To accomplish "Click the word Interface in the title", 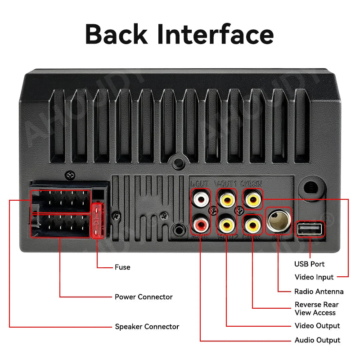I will [x=215, y=34].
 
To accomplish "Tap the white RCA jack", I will [x=200, y=198].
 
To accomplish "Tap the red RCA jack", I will [x=200, y=223].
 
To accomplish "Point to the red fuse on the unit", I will [x=97, y=220].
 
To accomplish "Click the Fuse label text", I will [x=122, y=267].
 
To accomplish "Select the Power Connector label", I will [x=144, y=297].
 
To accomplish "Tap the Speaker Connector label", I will [x=147, y=327].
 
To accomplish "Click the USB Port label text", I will [x=310, y=264].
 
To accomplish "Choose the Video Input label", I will [x=314, y=277].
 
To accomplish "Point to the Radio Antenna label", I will [x=319, y=292].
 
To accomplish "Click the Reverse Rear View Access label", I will [x=317, y=309].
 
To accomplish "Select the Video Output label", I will [x=317, y=326].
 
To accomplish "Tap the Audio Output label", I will [x=317, y=340].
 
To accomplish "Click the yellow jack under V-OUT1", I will [x=226, y=198].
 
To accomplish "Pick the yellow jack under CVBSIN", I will [x=252, y=198].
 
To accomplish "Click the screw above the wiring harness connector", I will [x=70, y=174].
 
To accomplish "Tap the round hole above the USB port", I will [x=309, y=186].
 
